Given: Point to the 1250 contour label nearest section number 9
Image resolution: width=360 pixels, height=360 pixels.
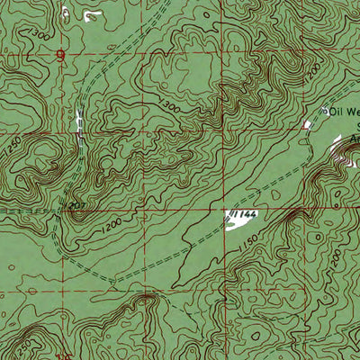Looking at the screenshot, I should click(13, 144).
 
